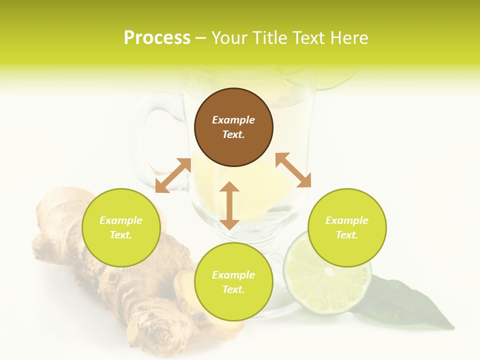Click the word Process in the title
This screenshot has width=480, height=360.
pyautogui.click(x=157, y=38)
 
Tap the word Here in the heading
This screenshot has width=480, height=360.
pyautogui.click(x=348, y=38)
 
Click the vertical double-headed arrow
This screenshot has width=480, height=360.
pyautogui.click(x=229, y=205)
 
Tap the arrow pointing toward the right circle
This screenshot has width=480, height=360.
pyautogui.click(x=293, y=170)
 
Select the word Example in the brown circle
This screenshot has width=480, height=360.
pyautogui.click(x=233, y=120)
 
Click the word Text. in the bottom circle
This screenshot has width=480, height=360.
pyautogui.click(x=233, y=289)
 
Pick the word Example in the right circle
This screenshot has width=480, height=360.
pyautogui.click(x=347, y=220)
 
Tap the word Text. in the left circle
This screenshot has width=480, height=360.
pyautogui.click(x=121, y=235)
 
